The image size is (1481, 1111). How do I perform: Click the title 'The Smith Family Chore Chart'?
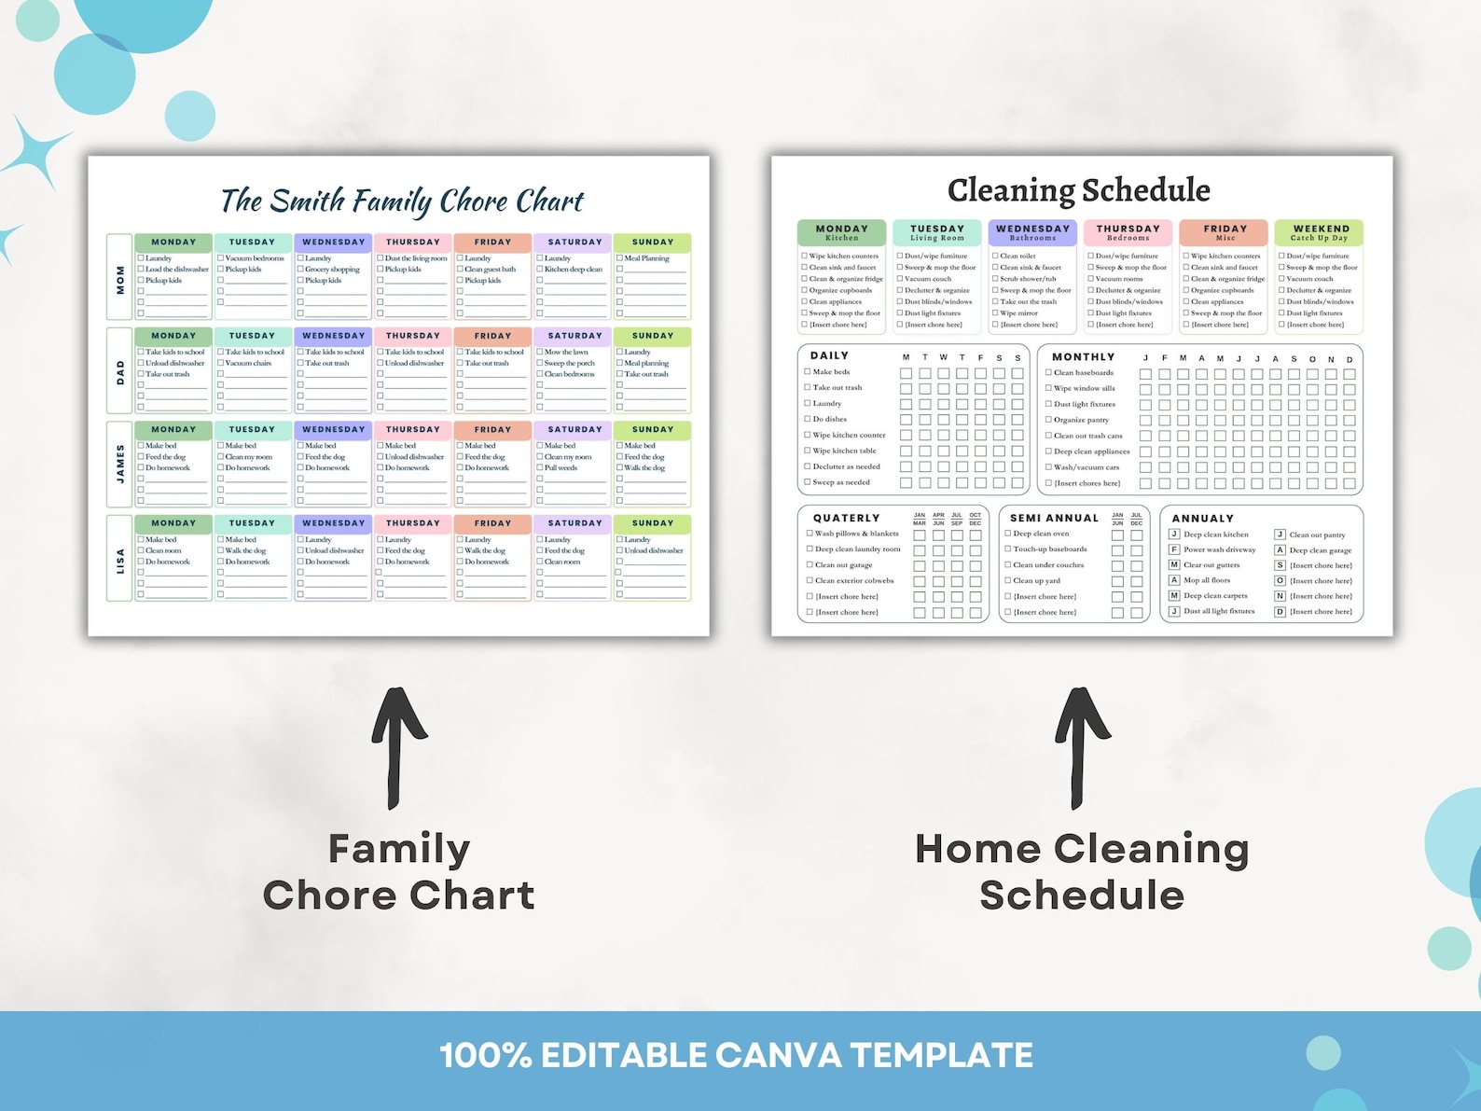pos(401,201)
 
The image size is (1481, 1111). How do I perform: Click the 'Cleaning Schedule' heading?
pos(1078,190)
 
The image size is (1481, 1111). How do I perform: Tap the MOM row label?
pos(119,277)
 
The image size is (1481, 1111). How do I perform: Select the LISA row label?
pos(119,560)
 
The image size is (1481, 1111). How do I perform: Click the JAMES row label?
pos(119,464)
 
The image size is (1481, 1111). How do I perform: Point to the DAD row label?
pos(119,371)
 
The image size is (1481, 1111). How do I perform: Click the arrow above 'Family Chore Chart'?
pos(397,746)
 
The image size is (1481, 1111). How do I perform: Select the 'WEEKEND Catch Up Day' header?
pos(1319,232)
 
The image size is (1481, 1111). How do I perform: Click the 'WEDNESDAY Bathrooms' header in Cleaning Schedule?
pos(1032,232)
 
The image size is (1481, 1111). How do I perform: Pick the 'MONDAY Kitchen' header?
pos(841,232)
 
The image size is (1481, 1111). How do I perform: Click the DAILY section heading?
pos(829,355)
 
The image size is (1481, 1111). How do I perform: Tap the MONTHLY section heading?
pos(1083,356)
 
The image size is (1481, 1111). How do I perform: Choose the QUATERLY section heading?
pos(846,518)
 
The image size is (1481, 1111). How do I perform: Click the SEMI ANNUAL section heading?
pos(1054,518)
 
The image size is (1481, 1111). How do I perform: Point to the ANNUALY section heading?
pos(1202,518)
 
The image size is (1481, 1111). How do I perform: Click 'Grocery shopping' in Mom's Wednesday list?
pos(332,270)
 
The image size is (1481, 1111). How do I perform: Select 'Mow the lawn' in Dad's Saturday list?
pos(566,352)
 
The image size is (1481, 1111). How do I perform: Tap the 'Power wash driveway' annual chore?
pos(1219,549)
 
